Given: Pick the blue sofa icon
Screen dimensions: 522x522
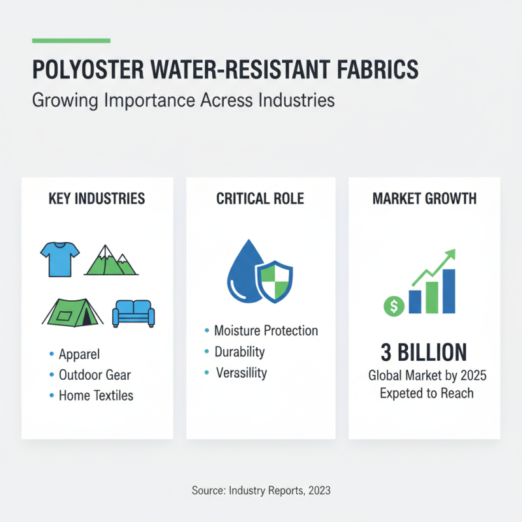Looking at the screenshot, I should tap(134, 313).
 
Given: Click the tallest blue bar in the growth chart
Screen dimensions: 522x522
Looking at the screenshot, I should tap(448, 290).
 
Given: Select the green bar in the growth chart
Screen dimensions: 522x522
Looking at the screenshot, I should tap(431, 298).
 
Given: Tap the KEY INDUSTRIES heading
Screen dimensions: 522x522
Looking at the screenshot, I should tap(97, 198).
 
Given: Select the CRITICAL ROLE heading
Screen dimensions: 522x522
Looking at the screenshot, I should tap(260, 198).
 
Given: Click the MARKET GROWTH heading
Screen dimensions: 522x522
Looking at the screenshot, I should tap(424, 198).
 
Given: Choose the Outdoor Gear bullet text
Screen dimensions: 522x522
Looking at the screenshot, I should tap(95, 375).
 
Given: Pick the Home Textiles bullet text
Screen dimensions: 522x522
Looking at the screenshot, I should tap(96, 395).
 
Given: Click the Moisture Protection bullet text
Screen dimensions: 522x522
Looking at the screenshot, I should tap(266, 331).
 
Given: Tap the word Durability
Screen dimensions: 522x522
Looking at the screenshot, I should tap(239, 352).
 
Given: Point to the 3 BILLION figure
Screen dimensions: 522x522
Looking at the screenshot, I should tap(423, 353).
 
